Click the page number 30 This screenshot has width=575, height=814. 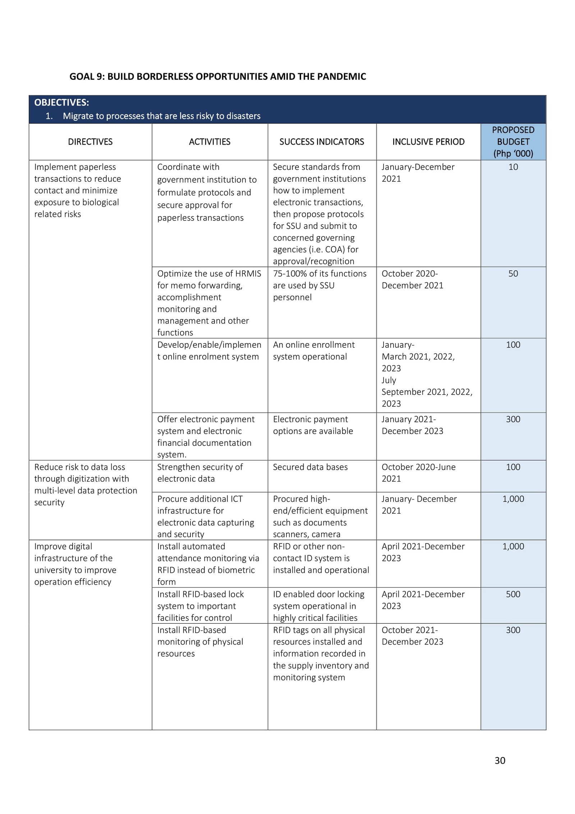(x=500, y=760)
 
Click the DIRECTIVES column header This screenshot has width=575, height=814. (x=90, y=142)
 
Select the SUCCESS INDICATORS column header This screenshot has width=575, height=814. (x=322, y=142)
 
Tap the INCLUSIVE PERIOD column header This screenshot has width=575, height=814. (x=428, y=142)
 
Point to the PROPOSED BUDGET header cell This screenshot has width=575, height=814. (x=513, y=142)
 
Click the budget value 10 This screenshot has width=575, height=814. (x=513, y=167)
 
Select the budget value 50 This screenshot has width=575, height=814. (x=513, y=273)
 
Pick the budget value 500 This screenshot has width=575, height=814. (x=513, y=594)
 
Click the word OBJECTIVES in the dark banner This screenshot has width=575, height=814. (x=61, y=103)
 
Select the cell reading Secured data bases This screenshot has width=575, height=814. (x=310, y=467)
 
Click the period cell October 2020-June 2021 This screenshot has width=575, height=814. (x=418, y=473)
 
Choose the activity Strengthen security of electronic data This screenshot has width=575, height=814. (x=200, y=473)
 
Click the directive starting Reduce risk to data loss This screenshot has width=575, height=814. (x=86, y=484)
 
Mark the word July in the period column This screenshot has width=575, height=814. (x=388, y=380)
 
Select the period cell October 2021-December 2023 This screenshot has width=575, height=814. (x=412, y=636)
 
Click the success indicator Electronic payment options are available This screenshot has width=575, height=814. (x=313, y=425)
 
